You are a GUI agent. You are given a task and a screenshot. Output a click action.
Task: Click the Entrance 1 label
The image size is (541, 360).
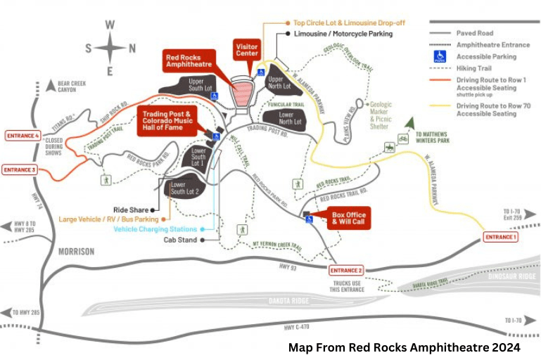[501, 238]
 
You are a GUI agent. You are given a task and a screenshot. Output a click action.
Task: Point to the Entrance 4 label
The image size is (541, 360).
[22, 135]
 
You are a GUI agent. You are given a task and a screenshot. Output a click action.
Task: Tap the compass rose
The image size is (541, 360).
[110, 48]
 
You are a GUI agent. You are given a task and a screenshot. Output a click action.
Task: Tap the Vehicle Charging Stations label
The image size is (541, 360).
[155, 229]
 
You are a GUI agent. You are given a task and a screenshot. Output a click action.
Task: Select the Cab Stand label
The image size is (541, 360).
[179, 239]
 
